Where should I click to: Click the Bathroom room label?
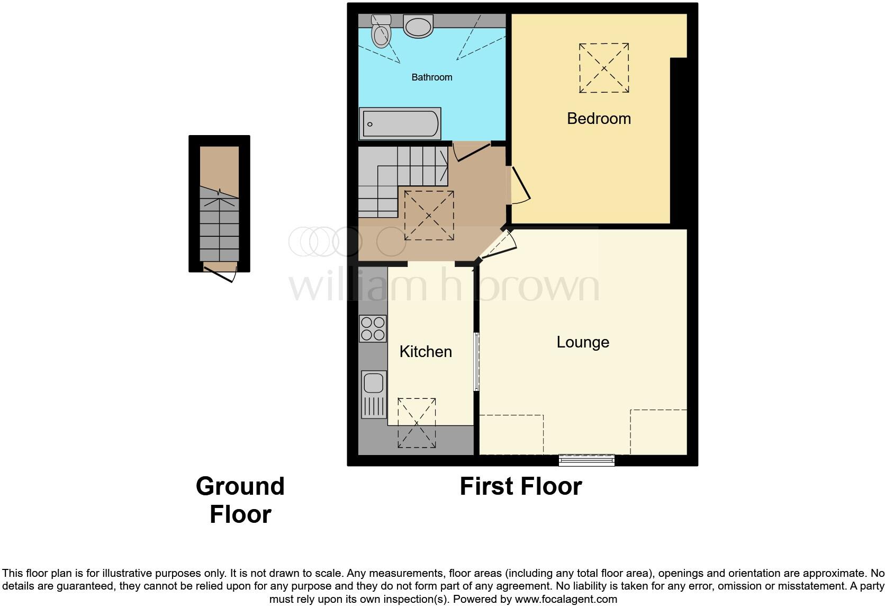pyautogui.click(x=432, y=77)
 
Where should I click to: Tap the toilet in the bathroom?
pyautogui.click(x=381, y=32)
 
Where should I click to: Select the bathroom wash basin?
pyautogui.click(x=418, y=25)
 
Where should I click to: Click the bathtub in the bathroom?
pyautogui.click(x=400, y=124)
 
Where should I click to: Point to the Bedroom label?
pyautogui.click(x=599, y=119)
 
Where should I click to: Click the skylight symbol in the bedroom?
pyautogui.click(x=604, y=68)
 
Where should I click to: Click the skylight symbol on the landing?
pyautogui.click(x=429, y=216)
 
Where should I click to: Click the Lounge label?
pyautogui.click(x=583, y=342)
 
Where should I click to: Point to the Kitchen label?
pyautogui.click(x=426, y=352)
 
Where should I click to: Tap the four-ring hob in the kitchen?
pyautogui.click(x=373, y=328)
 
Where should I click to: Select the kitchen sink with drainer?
pyautogui.click(x=374, y=394)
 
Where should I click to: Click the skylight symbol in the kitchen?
pyautogui.click(x=417, y=423)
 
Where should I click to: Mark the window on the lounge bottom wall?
pyautogui.click(x=586, y=460)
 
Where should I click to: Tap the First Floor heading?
pyautogui.click(x=520, y=486)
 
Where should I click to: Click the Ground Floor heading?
pyautogui.click(x=240, y=500)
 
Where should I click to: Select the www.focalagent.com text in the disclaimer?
pyautogui.click(x=566, y=600)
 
